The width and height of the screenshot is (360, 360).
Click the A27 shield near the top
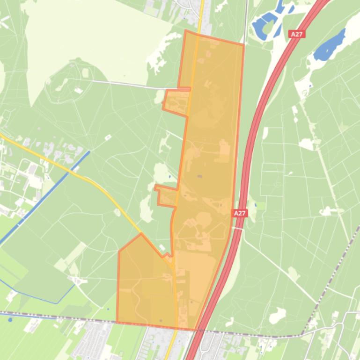(296, 34)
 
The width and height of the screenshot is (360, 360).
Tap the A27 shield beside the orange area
(240, 213)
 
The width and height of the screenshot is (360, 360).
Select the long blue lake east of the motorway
(330, 45)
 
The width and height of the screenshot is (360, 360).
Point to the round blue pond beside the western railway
(10, 320)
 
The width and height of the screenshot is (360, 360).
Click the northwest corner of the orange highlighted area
(186, 31)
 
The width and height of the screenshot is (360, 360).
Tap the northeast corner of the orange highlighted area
(244, 45)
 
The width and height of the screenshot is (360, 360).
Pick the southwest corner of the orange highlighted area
(117, 322)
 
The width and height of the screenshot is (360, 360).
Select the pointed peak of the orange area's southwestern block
(141, 234)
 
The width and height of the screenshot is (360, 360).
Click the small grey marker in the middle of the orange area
(200, 176)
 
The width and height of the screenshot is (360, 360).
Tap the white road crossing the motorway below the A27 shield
(239, 229)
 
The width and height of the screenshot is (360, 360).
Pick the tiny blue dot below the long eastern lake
(310, 86)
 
